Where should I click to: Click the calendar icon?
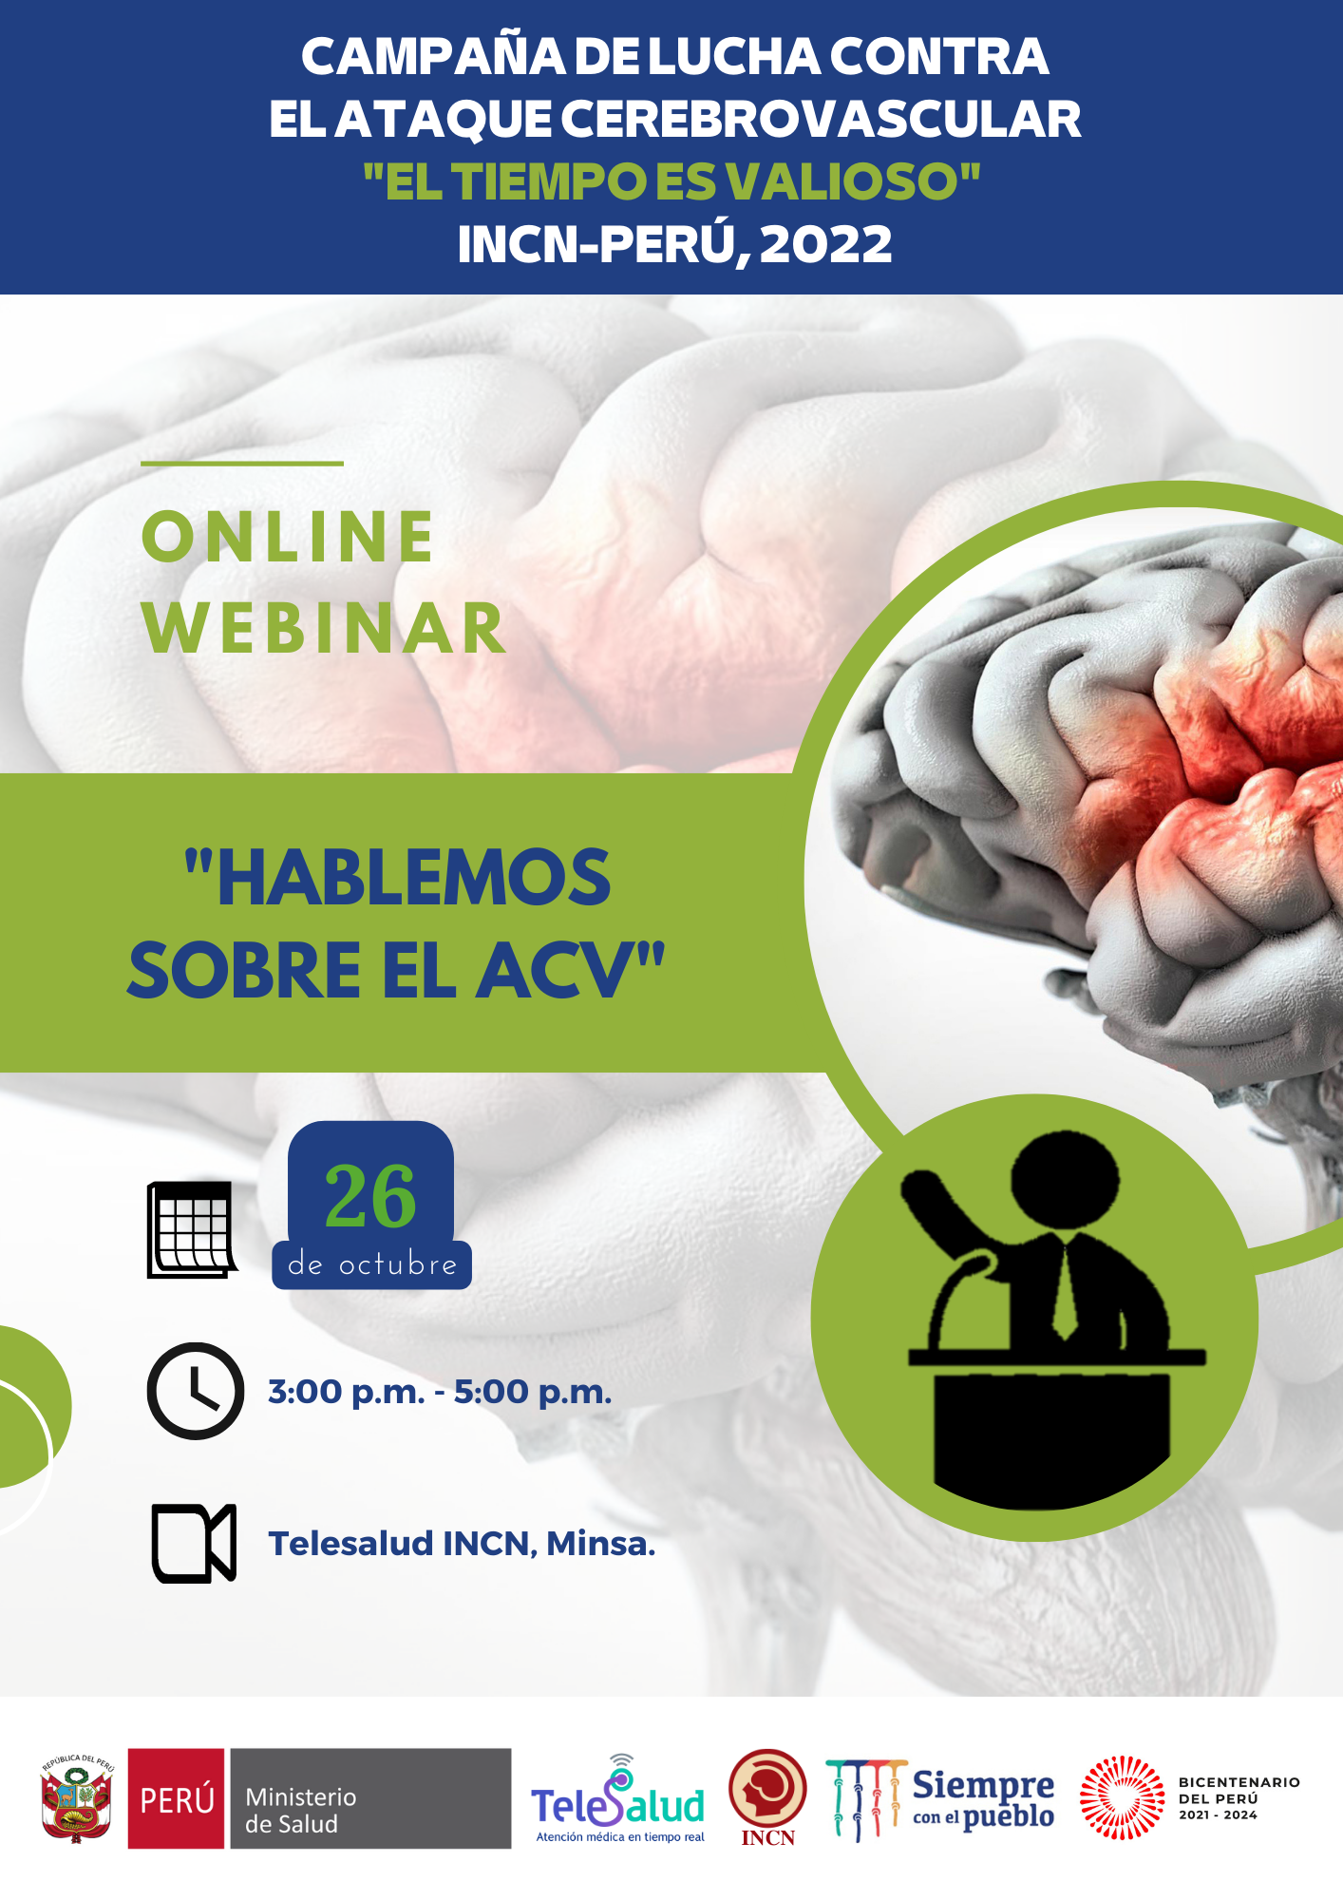point(192,1229)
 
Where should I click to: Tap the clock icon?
point(196,1391)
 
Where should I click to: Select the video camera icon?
point(194,1543)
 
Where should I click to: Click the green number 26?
point(370,1196)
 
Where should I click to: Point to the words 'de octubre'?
point(372,1264)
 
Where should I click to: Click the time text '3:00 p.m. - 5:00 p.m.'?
point(440,1392)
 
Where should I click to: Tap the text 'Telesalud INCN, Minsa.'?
point(462,1543)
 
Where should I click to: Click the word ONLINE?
point(288,537)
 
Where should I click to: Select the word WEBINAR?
point(324,628)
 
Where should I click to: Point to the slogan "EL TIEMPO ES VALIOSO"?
point(671,180)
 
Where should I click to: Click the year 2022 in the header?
point(825,244)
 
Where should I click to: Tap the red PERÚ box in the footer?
point(177,1798)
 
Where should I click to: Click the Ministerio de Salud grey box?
point(370,1798)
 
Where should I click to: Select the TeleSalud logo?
point(618,1798)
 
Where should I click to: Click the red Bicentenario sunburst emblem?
point(1122,1797)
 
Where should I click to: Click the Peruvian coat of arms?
point(77,1798)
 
